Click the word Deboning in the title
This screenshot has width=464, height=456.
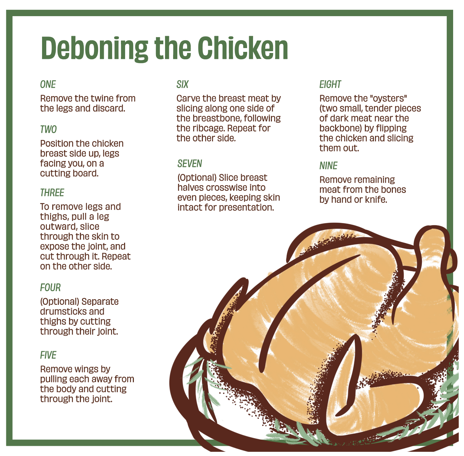[94, 49]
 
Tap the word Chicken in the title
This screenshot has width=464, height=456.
[243, 48]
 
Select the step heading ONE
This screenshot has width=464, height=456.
[48, 84]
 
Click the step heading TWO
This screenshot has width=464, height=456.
[48, 129]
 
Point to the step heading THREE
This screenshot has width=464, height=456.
[52, 193]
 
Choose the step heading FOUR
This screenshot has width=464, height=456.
[50, 288]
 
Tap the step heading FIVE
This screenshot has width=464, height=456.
[48, 355]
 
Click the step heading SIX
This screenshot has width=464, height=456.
[182, 84]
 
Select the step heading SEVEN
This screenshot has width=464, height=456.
[190, 164]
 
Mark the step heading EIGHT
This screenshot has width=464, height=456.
[330, 84]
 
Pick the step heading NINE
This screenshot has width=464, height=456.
[328, 166]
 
